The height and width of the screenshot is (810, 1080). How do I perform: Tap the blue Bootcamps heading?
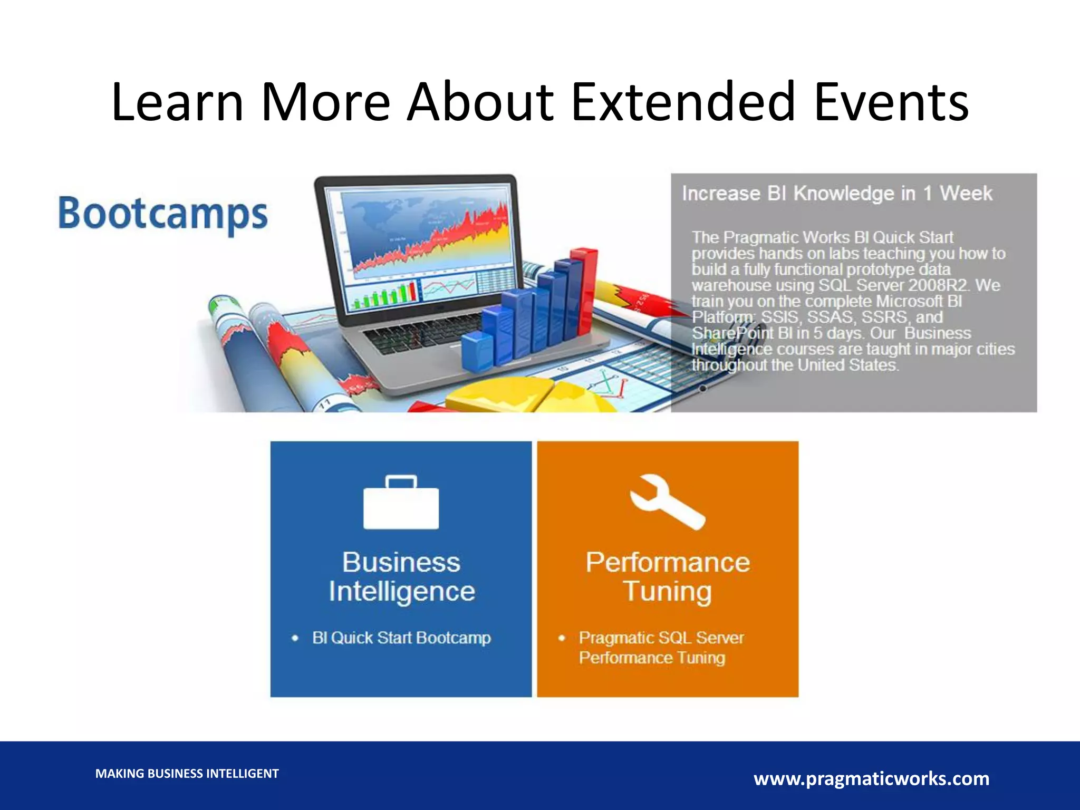pos(163,214)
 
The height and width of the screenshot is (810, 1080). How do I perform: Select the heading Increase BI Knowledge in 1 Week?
pos(837,194)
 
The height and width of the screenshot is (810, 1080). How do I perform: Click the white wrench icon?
pos(667,502)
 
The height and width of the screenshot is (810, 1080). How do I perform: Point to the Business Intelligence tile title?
pos(401,576)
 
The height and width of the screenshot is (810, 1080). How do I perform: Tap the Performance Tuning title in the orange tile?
pos(668,576)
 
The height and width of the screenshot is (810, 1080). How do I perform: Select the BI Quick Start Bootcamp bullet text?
pos(401,638)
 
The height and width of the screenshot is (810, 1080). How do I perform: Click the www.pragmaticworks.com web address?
pos(871,778)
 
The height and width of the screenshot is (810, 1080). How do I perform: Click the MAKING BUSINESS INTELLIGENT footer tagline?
pos(187,774)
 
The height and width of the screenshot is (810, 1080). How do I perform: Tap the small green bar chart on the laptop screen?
pos(384,296)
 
